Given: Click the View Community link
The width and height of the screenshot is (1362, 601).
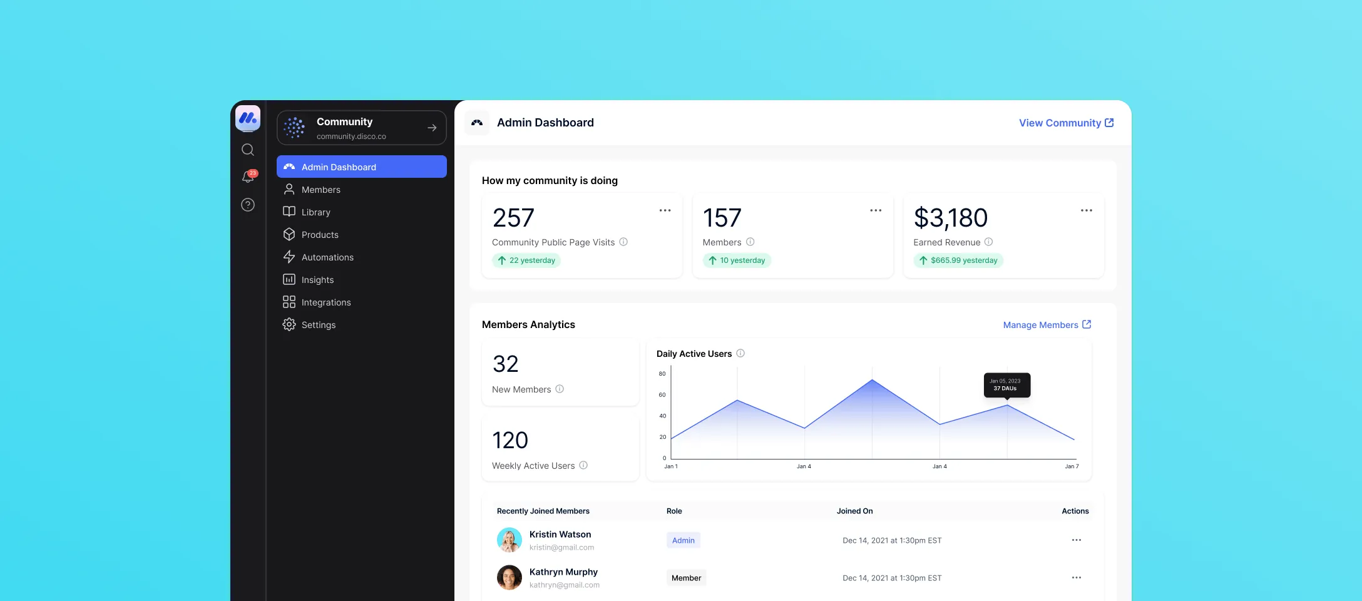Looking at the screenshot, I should click(x=1065, y=123).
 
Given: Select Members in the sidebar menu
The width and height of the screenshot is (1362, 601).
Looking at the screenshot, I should click(x=320, y=190).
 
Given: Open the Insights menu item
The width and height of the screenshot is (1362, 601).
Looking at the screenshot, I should click(x=317, y=280).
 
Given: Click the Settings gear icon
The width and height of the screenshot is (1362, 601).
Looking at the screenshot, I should click(x=289, y=325).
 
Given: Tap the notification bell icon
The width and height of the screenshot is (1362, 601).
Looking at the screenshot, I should click(x=248, y=177).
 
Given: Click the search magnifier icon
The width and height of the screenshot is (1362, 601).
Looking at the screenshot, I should click(x=248, y=150).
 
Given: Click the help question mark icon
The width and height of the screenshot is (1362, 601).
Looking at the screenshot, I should click(x=248, y=205).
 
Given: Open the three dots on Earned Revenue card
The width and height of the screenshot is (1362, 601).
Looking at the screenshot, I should click(x=1086, y=210).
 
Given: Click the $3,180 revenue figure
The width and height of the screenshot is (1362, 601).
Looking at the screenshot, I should click(x=950, y=218).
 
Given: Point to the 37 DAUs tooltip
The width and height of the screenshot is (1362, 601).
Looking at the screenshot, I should click(x=1006, y=385).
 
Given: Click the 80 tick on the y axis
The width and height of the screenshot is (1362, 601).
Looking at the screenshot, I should click(x=662, y=374).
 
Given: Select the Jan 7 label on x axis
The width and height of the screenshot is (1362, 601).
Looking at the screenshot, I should click(x=1072, y=466).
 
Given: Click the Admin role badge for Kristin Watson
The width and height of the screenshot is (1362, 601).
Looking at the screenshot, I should click(x=683, y=540).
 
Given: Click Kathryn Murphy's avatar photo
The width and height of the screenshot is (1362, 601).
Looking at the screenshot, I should click(x=509, y=577).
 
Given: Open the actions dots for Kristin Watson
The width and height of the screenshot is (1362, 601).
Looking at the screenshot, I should click(x=1076, y=540).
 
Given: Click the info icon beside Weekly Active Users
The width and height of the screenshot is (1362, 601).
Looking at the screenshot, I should click(x=583, y=465).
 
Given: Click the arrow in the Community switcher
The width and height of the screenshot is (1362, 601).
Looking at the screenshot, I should click(x=432, y=128).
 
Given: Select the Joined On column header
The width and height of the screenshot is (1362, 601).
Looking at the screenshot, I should click(x=854, y=511).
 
